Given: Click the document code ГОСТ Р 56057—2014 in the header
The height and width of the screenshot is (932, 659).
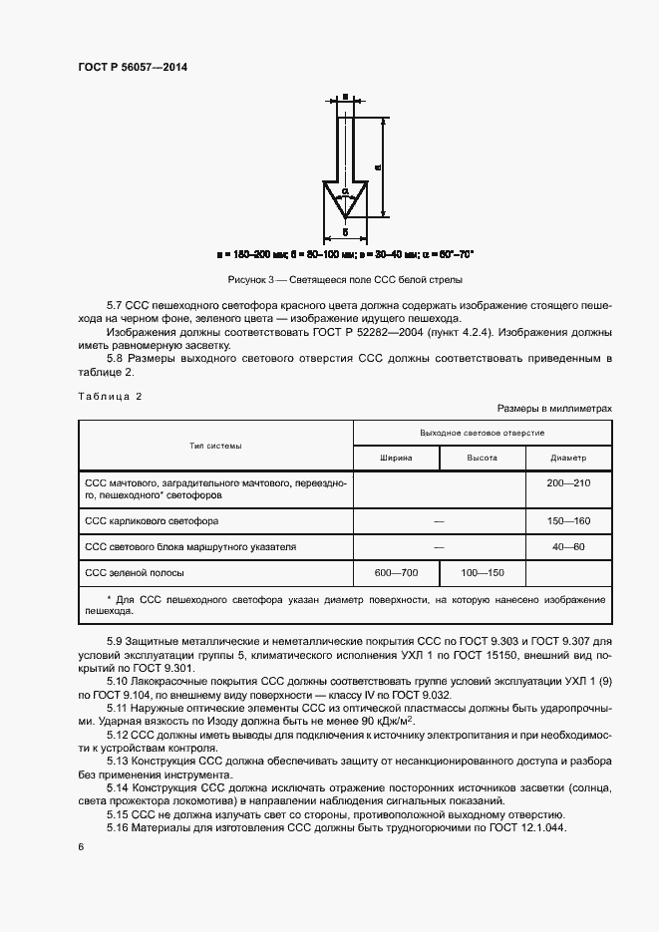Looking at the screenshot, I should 133,67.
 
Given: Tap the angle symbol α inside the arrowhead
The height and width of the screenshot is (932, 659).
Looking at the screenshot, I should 344,189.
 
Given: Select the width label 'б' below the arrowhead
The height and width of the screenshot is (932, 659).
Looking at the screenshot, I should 344,231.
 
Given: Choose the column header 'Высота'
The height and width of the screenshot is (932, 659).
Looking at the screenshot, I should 483,458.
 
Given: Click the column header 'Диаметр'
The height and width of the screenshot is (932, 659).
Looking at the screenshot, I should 568,458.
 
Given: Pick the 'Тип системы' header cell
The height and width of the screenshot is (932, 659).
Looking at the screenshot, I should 216,446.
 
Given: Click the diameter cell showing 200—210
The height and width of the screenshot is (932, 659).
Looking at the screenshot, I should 568,482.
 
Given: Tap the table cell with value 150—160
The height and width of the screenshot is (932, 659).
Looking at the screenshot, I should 568,521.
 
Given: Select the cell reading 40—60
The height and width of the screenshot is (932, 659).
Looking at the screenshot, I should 568,547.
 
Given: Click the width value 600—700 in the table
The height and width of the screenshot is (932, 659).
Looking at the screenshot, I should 397,573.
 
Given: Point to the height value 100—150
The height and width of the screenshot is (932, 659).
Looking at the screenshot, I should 483,573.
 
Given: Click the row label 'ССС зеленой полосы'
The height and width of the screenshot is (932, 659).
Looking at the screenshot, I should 135,573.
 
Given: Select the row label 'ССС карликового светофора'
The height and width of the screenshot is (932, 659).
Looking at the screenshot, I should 153,521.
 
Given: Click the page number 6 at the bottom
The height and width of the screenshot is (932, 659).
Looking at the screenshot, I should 81,846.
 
